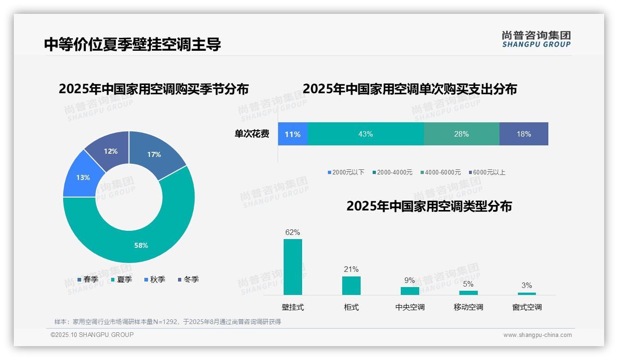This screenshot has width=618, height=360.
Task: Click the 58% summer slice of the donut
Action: (x=141, y=245)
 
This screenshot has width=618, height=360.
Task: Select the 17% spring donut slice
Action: (x=154, y=155)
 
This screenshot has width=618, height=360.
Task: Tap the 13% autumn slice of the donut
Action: (x=83, y=178)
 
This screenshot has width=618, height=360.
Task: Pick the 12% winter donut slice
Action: (x=111, y=151)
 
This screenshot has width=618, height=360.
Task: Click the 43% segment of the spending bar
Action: (x=365, y=134)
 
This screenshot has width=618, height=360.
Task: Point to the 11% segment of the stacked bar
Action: (x=292, y=134)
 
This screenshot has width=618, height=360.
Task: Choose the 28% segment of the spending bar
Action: (x=461, y=134)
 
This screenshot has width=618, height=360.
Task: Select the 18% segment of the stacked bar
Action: (x=524, y=134)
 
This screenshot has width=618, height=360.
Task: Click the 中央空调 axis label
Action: (x=410, y=307)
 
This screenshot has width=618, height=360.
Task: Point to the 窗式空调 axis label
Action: (x=527, y=307)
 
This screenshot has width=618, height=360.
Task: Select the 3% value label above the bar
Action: (x=527, y=285)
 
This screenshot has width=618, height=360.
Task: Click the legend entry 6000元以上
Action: (x=487, y=172)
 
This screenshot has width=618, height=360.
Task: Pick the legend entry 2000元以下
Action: (x=346, y=172)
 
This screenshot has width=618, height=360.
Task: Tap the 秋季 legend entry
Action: (x=155, y=279)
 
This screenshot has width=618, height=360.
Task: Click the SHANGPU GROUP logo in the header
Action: (x=536, y=39)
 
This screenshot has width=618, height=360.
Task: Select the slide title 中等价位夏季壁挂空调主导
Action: (x=132, y=44)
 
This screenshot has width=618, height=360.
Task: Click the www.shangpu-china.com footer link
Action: (x=537, y=335)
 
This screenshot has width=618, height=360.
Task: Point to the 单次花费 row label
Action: (x=252, y=134)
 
